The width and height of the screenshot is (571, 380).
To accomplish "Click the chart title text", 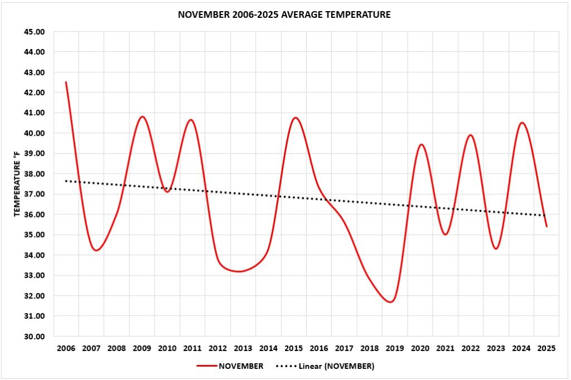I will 284,15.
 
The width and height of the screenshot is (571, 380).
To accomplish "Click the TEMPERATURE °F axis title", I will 17,184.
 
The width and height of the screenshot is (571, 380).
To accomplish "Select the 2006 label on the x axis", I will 66,349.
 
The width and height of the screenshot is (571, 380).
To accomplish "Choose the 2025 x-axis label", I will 546,349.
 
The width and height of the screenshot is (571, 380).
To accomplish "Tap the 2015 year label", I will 293,349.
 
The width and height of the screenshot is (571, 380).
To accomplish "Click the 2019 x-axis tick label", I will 394,349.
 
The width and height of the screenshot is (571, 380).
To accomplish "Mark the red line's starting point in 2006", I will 66,82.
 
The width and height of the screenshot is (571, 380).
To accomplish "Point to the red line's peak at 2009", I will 142,117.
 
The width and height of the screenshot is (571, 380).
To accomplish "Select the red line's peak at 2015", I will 295,118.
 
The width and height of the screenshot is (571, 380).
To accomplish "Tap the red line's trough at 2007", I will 96,250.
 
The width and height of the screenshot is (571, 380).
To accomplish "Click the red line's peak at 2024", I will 521,123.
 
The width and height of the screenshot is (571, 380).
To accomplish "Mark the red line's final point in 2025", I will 546,226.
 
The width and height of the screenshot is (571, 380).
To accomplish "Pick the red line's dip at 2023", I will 496,248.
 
